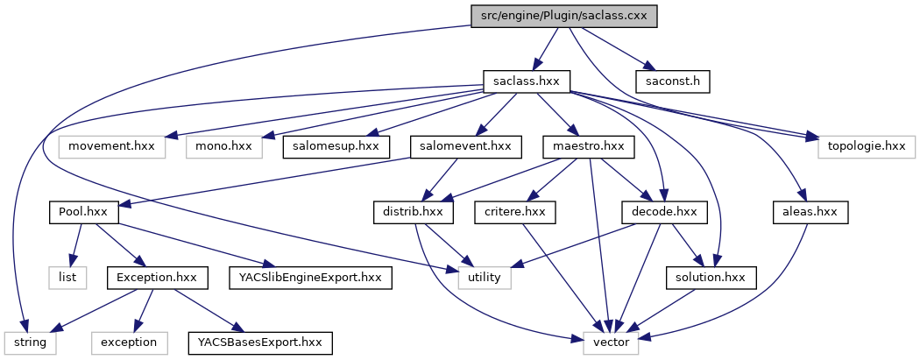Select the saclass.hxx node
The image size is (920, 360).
527,81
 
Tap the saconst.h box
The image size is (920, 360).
674,81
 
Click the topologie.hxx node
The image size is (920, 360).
867,145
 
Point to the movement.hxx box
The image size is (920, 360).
112,145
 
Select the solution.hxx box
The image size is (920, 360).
710,278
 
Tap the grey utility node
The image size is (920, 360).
484,278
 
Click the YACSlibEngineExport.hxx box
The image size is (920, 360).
310,278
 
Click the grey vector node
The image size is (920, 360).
611,342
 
